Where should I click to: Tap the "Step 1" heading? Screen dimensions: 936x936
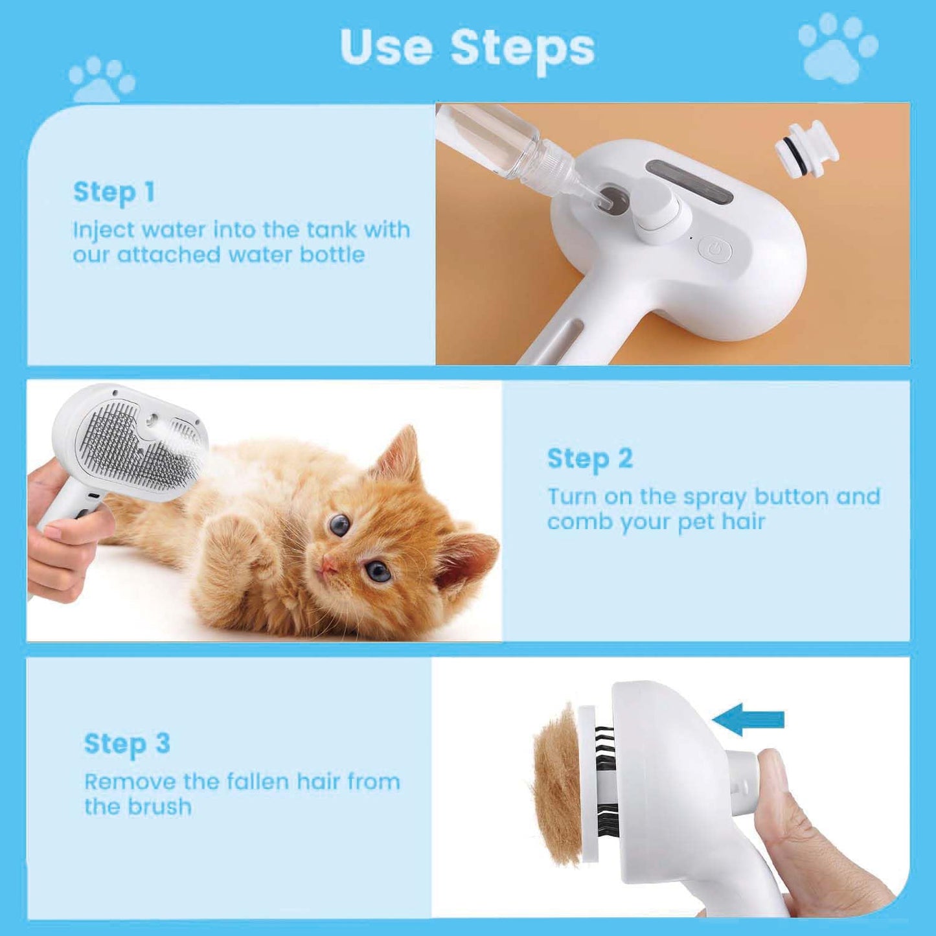114,192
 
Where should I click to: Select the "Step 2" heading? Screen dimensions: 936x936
589,459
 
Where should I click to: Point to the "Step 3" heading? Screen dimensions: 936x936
127,744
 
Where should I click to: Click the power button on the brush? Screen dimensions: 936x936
715,249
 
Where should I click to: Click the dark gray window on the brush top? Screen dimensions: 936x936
689,181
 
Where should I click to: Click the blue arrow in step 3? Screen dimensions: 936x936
749,720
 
